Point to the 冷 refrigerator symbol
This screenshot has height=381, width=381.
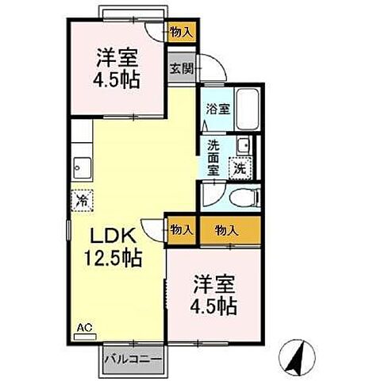coord(82,201)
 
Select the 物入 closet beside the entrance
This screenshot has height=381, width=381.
coord(182,33)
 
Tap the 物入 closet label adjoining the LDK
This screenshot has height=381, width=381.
coord(182,230)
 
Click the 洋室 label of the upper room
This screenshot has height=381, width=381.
coord(115,57)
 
